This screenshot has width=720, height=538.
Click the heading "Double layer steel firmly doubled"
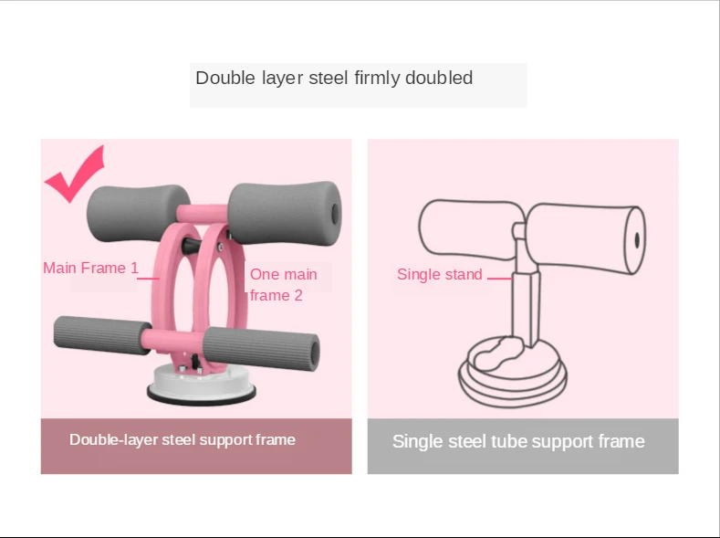[x=334, y=79]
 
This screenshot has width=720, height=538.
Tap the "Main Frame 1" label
[x=90, y=269]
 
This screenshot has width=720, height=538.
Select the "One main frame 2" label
[x=283, y=285]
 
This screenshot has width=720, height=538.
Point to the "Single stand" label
[x=439, y=275]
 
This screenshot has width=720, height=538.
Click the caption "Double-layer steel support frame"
[x=183, y=440]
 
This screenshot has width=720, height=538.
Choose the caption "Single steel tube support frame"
[x=518, y=442]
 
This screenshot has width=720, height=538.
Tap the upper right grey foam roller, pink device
[x=284, y=209]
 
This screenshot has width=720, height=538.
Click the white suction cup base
[x=202, y=385]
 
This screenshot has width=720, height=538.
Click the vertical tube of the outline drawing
[x=524, y=301]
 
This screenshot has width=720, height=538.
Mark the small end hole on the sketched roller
[x=636, y=240]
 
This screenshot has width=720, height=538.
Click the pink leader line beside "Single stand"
[x=498, y=276]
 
